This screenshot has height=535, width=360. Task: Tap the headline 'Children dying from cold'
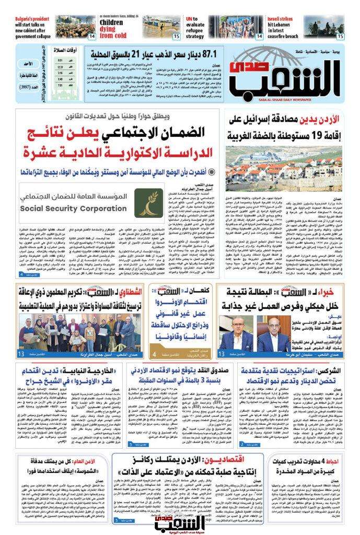pos(113,29)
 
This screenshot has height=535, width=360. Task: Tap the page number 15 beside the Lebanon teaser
pos(340,36)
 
